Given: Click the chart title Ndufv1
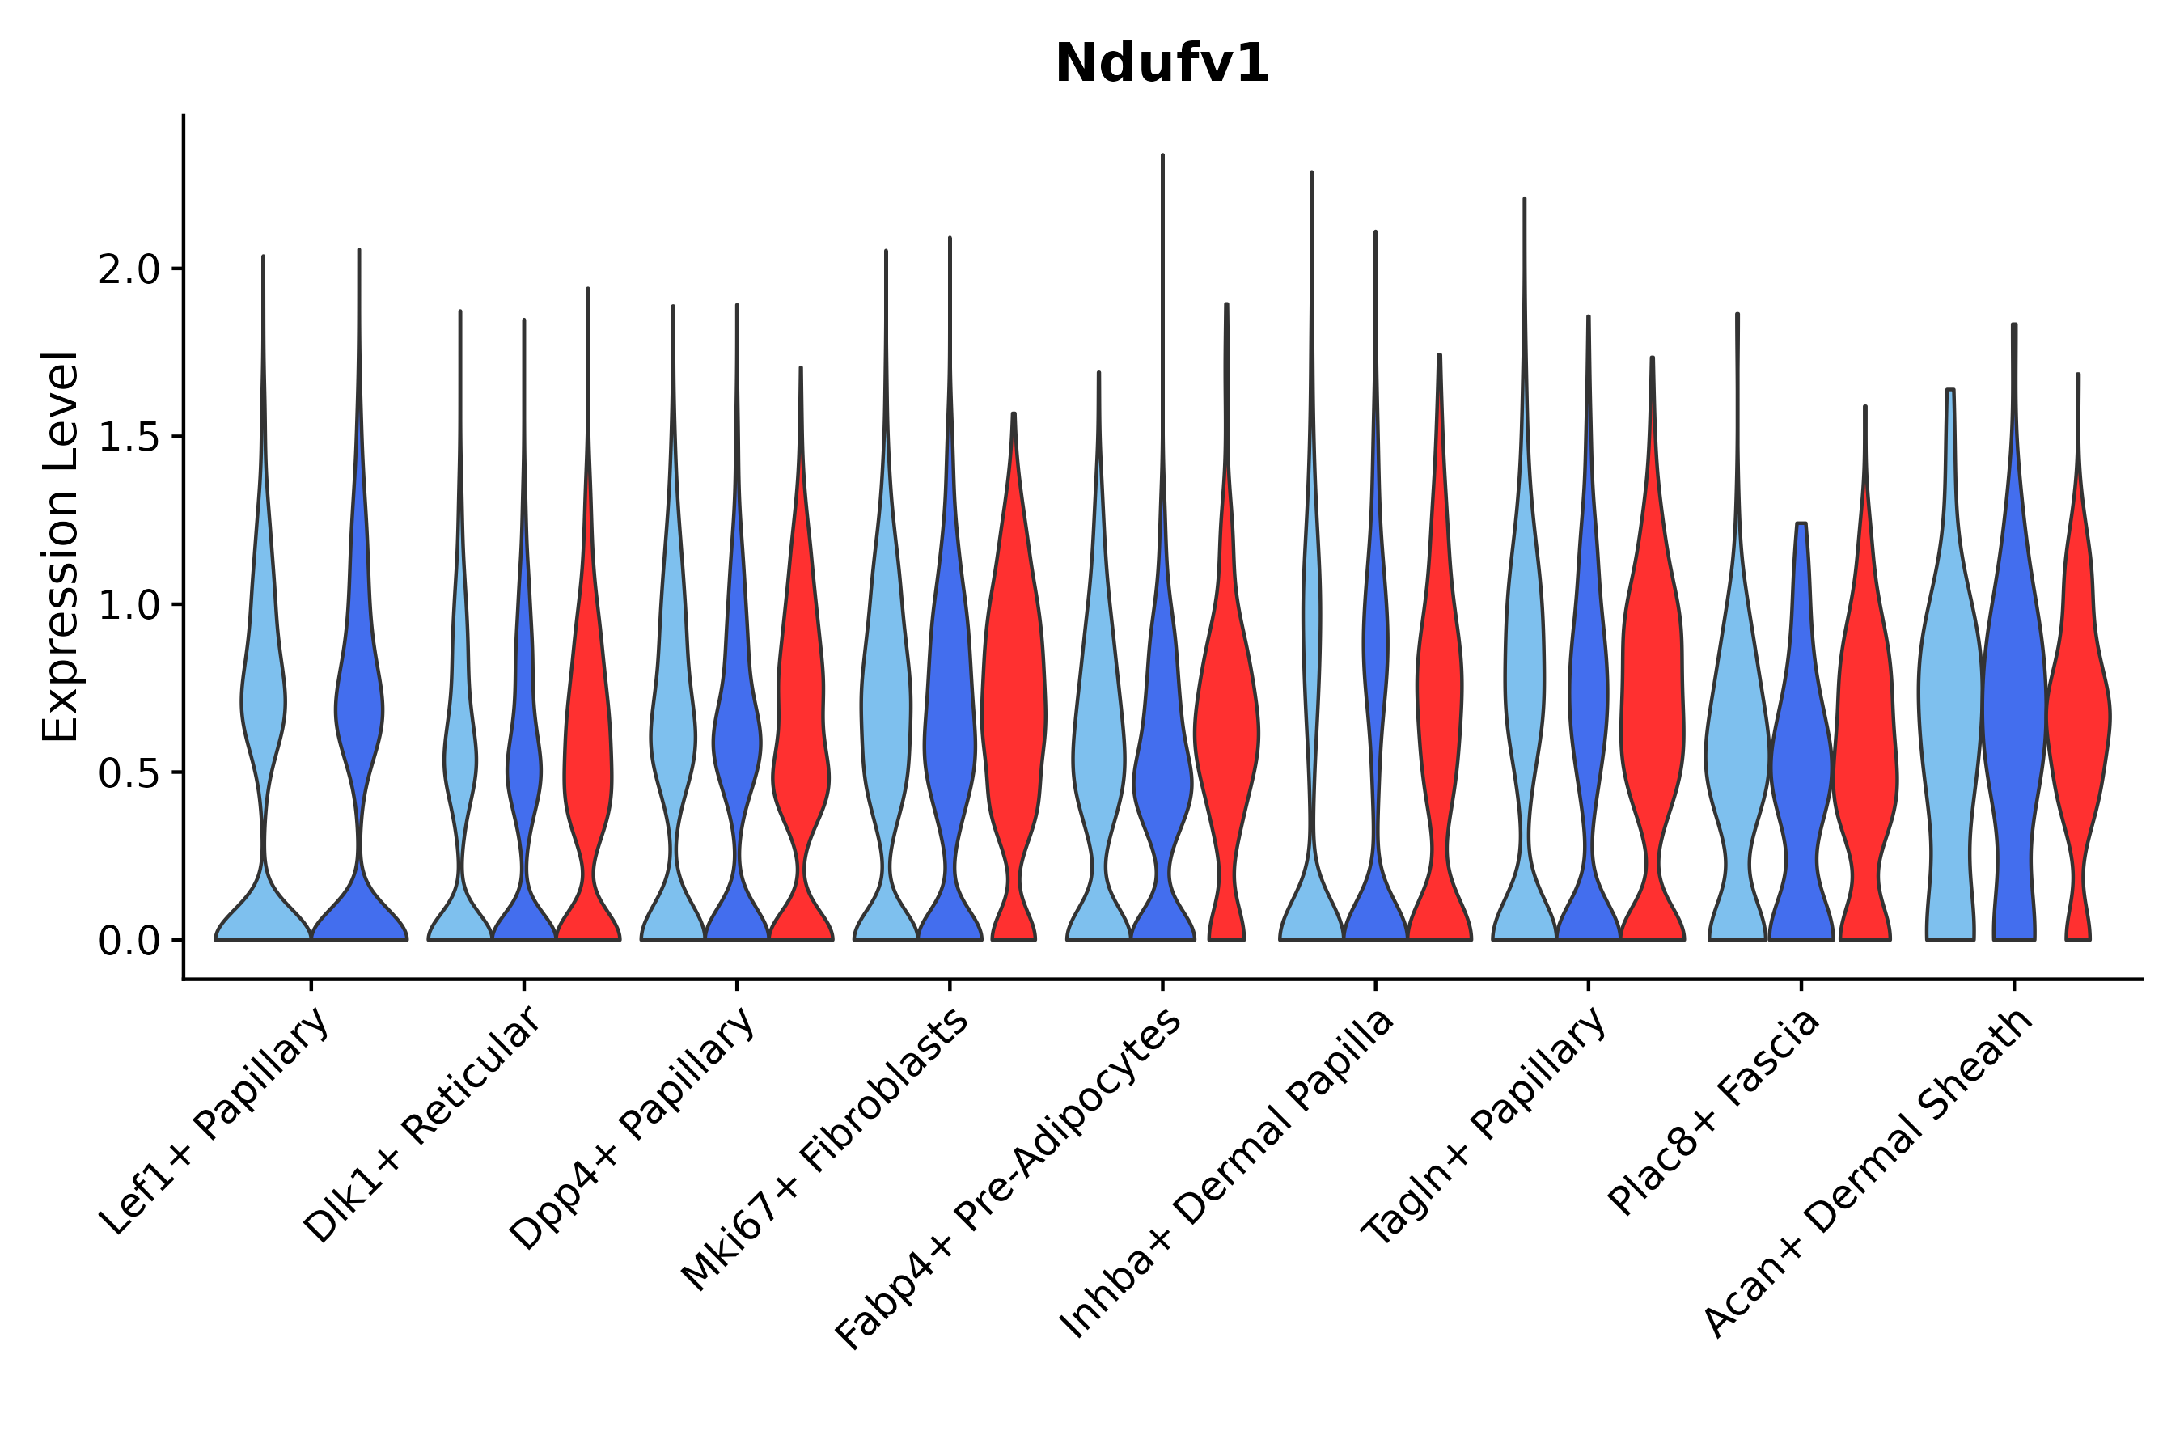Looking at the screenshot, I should click(1161, 65).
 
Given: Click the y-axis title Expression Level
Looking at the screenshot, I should click(61, 546).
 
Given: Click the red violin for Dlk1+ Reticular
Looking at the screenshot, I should click(588, 743).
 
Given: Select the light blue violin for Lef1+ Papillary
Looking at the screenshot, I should click(264, 705).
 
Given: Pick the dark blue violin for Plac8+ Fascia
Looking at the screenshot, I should click(1801, 761).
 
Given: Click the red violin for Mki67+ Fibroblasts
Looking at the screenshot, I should click(1014, 705).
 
